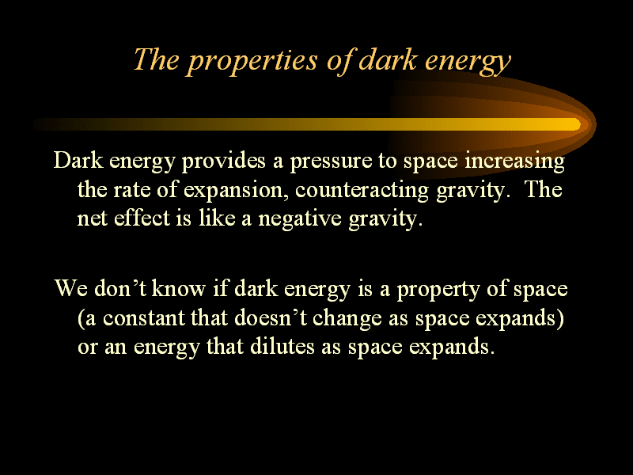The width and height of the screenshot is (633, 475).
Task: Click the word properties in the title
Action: pyautogui.click(x=253, y=61)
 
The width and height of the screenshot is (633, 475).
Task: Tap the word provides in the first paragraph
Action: pyautogui.click(x=224, y=161)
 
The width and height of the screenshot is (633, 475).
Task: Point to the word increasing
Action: pyautogui.click(x=515, y=161)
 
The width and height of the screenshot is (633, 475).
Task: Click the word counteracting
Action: pyautogui.click(x=362, y=190)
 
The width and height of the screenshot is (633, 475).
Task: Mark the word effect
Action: pyautogui.click(x=142, y=218)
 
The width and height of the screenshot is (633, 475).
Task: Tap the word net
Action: pyautogui.click(x=92, y=219)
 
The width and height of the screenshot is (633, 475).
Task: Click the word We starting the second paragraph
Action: pyautogui.click(x=71, y=288)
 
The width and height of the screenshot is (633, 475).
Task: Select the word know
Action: pyautogui.click(x=179, y=288)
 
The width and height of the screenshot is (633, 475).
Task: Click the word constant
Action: pyautogui.click(x=143, y=318)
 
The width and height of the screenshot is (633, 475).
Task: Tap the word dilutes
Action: pyautogui.click(x=282, y=347)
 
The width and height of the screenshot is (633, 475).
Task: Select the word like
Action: pyautogui.click(x=217, y=218)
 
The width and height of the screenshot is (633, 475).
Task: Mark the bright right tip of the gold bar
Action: pyautogui.click(x=580, y=124)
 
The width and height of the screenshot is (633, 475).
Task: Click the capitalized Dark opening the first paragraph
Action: pyautogui.click(x=78, y=161)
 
